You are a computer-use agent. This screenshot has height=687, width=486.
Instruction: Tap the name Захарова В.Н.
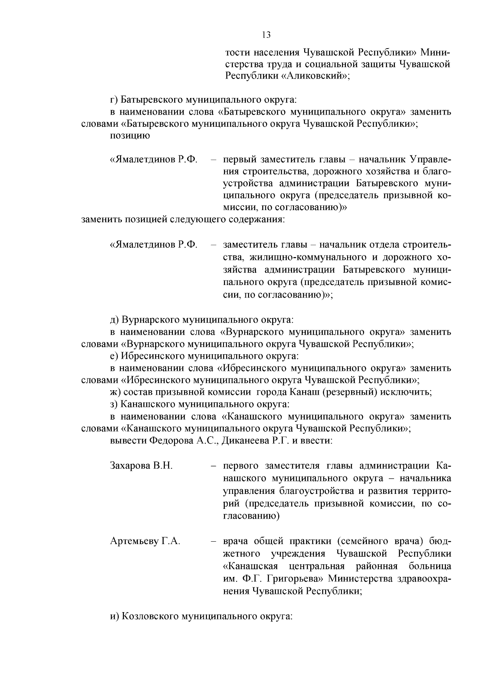141,466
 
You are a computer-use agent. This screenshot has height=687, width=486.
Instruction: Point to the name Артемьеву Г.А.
145,541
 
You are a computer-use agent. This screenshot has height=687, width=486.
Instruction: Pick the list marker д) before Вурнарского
114,320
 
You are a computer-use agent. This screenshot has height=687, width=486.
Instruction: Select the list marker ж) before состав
115,392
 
